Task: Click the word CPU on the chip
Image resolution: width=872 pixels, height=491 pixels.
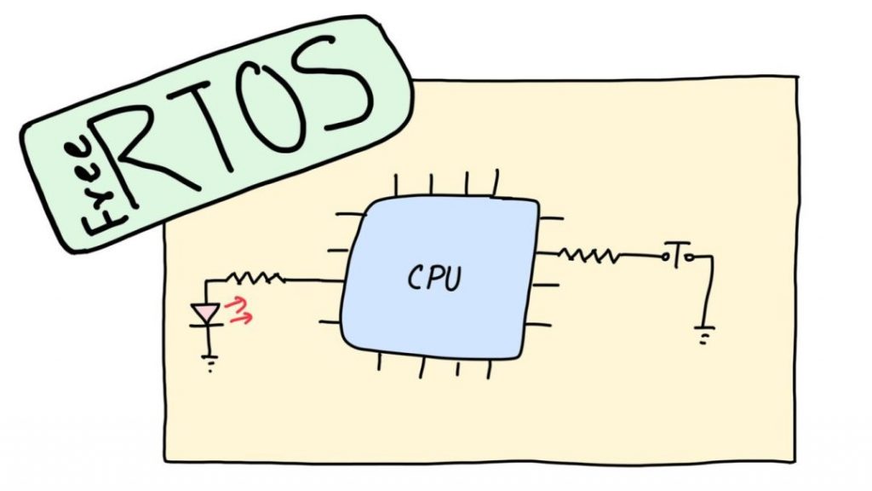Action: [x=437, y=279]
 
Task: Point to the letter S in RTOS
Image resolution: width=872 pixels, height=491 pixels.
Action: [x=343, y=86]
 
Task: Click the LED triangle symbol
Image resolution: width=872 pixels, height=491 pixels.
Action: [x=206, y=315]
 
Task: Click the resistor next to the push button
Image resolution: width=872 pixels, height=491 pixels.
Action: [x=588, y=253]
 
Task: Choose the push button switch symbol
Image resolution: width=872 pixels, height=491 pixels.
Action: [x=678, y=255]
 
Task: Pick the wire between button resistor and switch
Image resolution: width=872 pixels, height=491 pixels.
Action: [x=640, y=254]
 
